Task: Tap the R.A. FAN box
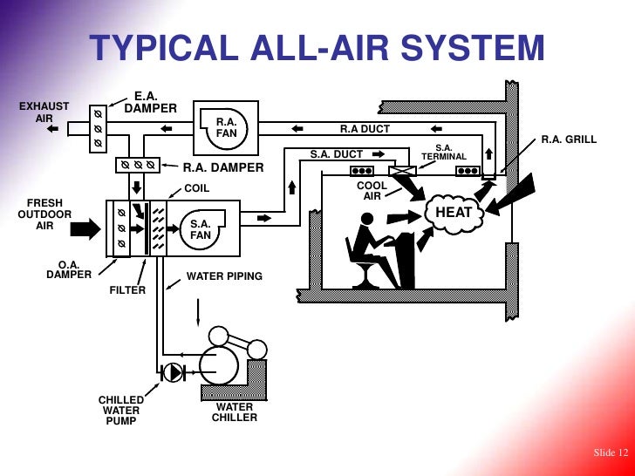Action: pos(227,127)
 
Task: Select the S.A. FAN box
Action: pos(201,229)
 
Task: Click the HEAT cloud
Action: pos(454,213)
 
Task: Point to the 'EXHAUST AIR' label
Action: pos(44,112)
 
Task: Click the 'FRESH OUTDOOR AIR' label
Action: pos(44,214)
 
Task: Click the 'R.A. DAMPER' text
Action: pos(222,167)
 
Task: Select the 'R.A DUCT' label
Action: pos(365,129)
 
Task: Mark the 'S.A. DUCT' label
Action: pos(337,154)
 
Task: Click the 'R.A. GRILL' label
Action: pos(569,139)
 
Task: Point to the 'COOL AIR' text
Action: pos(372,191)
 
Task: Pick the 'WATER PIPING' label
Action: pos(224,276)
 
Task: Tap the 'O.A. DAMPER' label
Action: pos(69,269)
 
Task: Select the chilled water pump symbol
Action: pos(174,372)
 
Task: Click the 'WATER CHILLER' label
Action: pos(234,412)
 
